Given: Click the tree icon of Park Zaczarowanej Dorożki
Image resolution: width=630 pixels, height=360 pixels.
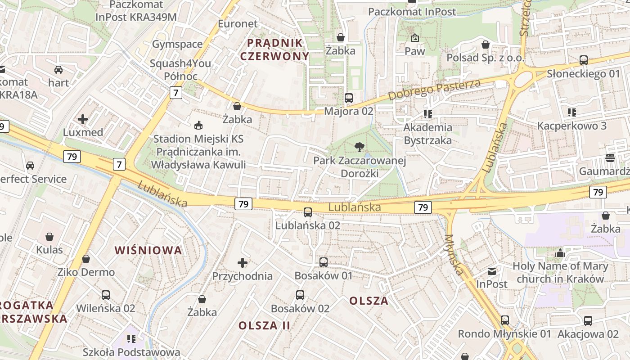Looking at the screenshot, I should tap(359, 146).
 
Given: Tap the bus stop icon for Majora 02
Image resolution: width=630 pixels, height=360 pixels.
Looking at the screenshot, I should tap(348, 98).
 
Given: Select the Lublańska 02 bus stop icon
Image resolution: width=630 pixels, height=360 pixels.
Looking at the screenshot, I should tap(308, 212).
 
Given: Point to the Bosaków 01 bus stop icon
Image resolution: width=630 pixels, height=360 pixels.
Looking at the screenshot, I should tap(323, 262).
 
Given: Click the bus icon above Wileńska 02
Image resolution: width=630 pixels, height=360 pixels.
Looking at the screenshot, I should tap(106, 295).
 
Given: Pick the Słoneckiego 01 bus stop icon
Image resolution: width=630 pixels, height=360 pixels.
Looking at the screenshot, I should tap(584, 60).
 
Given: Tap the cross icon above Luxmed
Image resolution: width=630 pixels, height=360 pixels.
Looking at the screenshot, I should tap(83, 119).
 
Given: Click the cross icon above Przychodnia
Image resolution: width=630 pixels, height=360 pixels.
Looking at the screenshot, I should tap(243, 262).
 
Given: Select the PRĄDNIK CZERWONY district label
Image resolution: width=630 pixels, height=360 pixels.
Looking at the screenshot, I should tap(274, 49).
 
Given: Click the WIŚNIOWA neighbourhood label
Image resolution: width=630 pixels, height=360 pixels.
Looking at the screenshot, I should tap(148, 250).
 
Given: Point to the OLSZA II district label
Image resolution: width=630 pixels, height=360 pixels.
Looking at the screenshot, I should tap(265, 325).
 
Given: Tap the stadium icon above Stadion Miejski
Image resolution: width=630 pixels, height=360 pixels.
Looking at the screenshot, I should tap(198, 125).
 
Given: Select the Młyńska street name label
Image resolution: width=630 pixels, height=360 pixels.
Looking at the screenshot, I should tap(454, 255).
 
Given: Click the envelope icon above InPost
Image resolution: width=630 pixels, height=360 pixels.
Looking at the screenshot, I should tap(492, 271).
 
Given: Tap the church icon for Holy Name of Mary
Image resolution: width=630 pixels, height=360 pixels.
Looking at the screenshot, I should tap(560, 253).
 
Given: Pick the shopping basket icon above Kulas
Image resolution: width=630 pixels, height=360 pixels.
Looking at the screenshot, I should tap(49, 237).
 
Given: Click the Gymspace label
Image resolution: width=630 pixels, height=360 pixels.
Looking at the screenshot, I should tap(177, 44).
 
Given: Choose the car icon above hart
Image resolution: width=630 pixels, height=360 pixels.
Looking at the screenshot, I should tap(58, 70).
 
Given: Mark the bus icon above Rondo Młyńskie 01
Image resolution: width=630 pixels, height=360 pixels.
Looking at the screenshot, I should tap(505, 320).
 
